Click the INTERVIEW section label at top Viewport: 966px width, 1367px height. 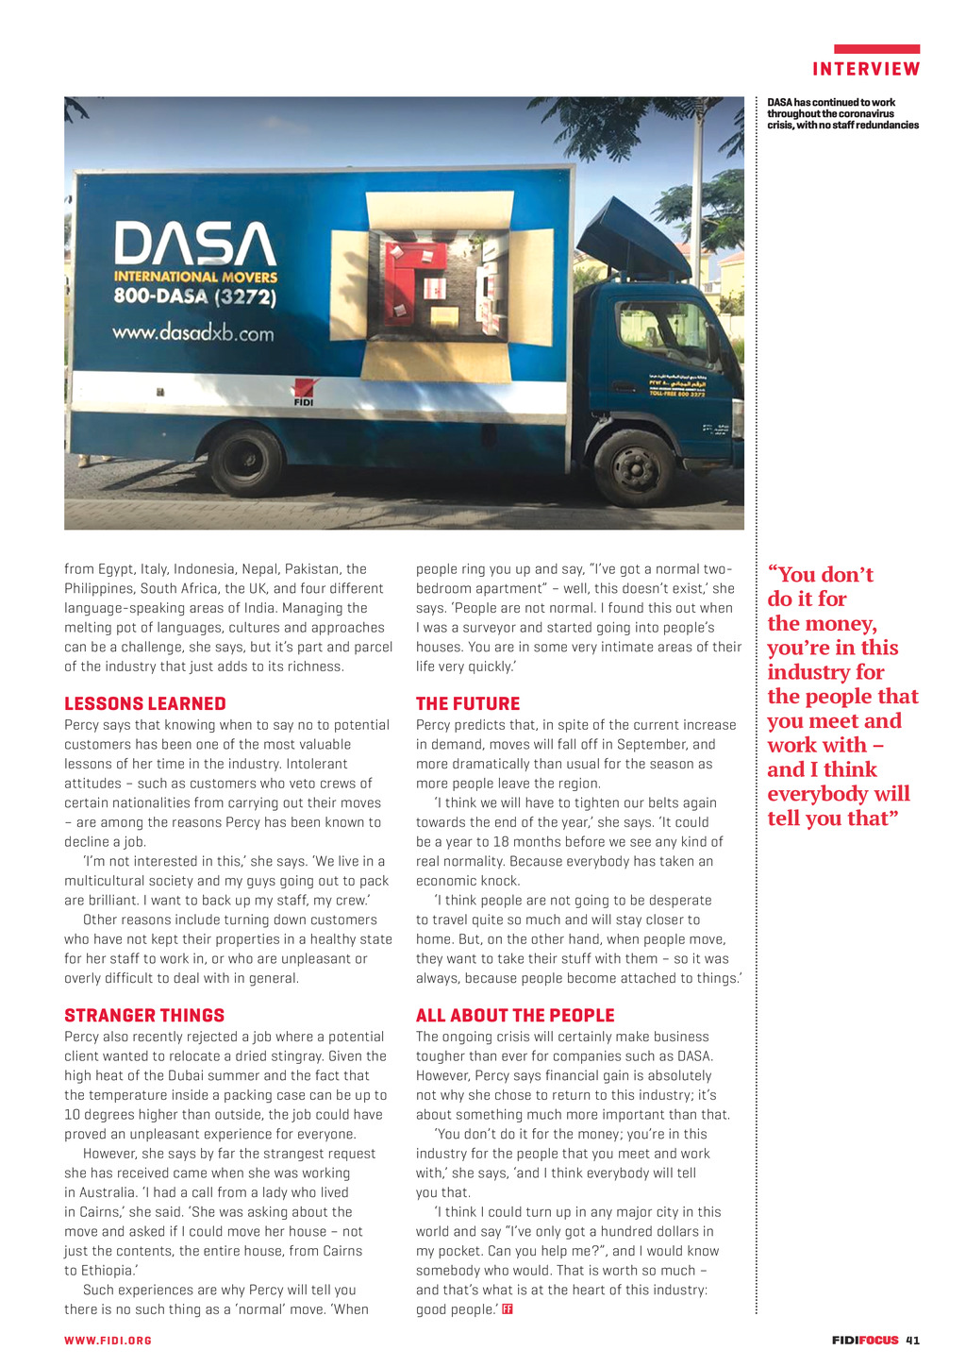(x=866, y=69)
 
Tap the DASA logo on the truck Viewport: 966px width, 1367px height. (x=195, y=244)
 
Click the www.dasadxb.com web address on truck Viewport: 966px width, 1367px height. (x=193, y=333)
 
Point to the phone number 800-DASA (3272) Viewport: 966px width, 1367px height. (x=194, y=296)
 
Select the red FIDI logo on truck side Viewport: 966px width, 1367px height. (x=304, y=392)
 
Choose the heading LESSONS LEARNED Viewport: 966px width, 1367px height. (x=145, y=703)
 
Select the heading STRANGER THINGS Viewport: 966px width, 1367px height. (x=144, y=1015)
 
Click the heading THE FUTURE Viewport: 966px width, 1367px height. (x=468, y=703)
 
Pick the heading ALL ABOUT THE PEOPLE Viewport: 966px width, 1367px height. (x=515, y=1015)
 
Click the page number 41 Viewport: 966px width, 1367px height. (x=912, y=1340)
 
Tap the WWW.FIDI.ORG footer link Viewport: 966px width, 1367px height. (x=108, y=1341)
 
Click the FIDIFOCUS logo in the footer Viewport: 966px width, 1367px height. (x=865, y=1340)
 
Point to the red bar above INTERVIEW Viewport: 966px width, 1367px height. (x=876, y=49)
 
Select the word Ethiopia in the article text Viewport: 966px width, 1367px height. (x=106, y=1270)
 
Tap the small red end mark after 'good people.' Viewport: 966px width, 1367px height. (x=508, y=1308)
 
